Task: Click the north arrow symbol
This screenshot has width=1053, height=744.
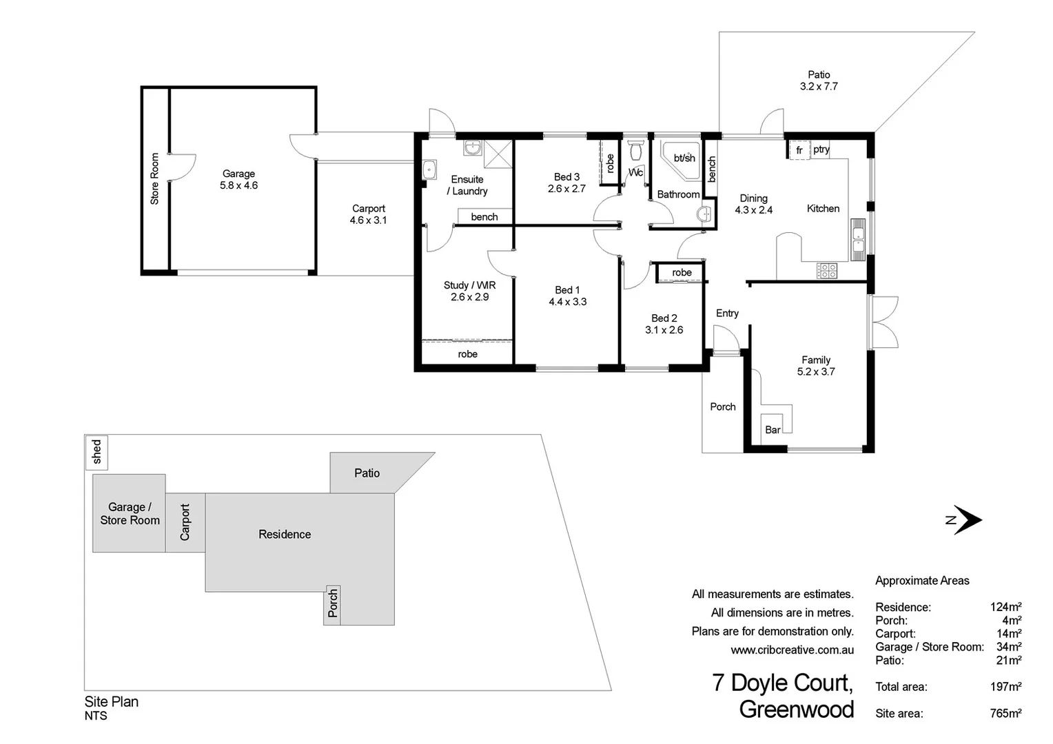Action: [966, 520]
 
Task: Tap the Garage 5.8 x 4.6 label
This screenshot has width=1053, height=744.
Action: [238, 180]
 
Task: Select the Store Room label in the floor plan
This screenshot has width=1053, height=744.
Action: [154, 179]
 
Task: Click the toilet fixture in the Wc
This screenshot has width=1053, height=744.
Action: [635, 149]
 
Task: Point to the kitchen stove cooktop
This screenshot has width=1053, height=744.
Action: [827, 271]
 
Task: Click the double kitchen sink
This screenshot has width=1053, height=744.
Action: [857, 240]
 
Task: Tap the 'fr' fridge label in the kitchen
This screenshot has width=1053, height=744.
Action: [799, 150]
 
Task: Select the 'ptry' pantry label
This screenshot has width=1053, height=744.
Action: [821, 149]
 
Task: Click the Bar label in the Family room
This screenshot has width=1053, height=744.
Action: [773, 430]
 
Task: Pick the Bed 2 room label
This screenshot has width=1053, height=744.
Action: [664, 324]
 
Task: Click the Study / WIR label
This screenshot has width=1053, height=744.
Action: [469, 291]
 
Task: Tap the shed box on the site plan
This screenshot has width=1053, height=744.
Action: [96, 452]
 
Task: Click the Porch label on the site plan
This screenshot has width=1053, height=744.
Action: [333, 603]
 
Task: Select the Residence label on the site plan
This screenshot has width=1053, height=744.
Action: [285, 534]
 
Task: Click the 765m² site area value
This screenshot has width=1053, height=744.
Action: [1005, 713]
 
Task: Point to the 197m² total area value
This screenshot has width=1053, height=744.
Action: [1005, 687]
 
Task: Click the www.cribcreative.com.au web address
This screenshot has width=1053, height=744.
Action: [792, 650]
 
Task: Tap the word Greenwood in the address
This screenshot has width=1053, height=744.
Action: [796, 709]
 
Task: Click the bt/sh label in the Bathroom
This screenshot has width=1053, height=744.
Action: [684, 158]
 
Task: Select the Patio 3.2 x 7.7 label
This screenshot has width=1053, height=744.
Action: [819, 81]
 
